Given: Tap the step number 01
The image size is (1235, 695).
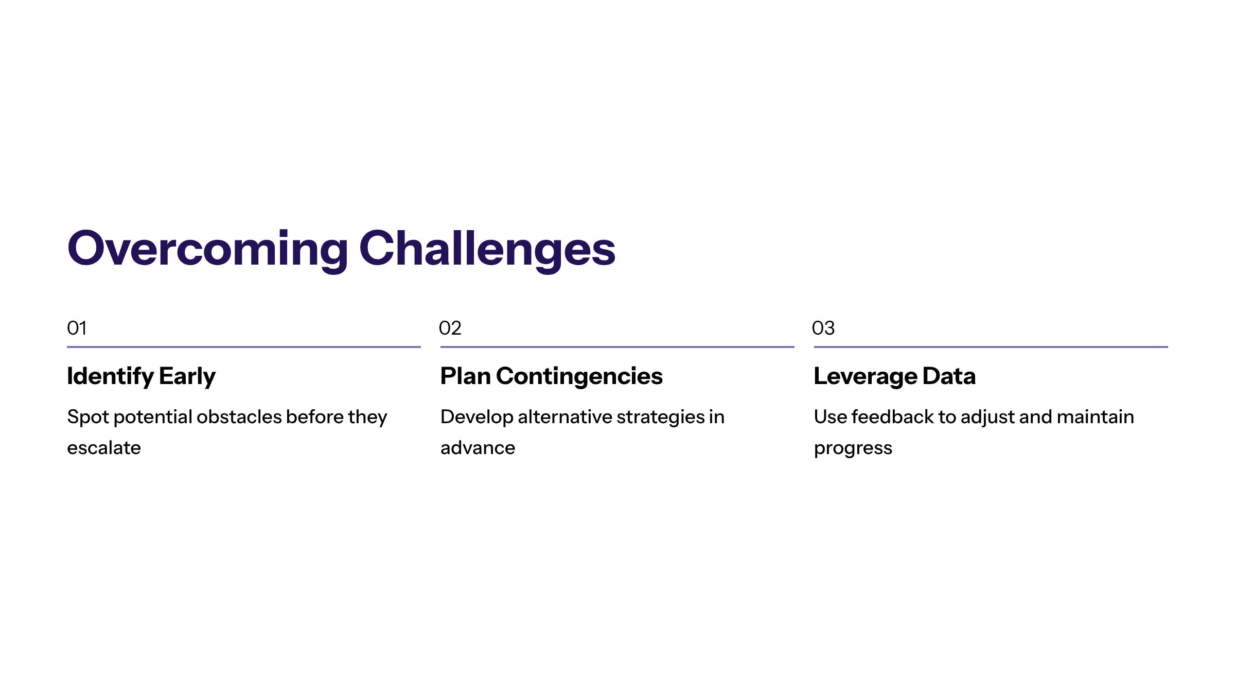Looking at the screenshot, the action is click(x=77, y=328).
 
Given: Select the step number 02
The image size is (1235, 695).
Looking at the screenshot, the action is click(x=450, y=328).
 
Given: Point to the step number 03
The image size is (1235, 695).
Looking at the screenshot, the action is click(x=823, y=328).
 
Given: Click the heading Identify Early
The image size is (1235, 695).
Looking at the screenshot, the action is click(x=142, y=377).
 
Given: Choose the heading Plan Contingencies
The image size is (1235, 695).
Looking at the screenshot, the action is click(x=552, y=377).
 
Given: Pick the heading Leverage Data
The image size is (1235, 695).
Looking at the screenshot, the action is click(x=895, y=377).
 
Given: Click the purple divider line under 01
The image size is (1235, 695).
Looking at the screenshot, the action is click(x=244, y=347).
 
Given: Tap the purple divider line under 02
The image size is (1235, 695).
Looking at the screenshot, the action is click(x=617, y=347).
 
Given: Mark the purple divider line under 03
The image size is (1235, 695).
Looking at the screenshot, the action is click(x=991, y=347).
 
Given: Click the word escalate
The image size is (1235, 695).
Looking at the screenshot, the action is click(x=104, y=448).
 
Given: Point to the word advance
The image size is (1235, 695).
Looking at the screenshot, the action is click(x=478, y=448).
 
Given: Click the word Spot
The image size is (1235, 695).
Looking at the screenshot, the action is click(x=88, y=418).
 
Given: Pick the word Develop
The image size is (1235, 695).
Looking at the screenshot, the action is click(x=477, y=418).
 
